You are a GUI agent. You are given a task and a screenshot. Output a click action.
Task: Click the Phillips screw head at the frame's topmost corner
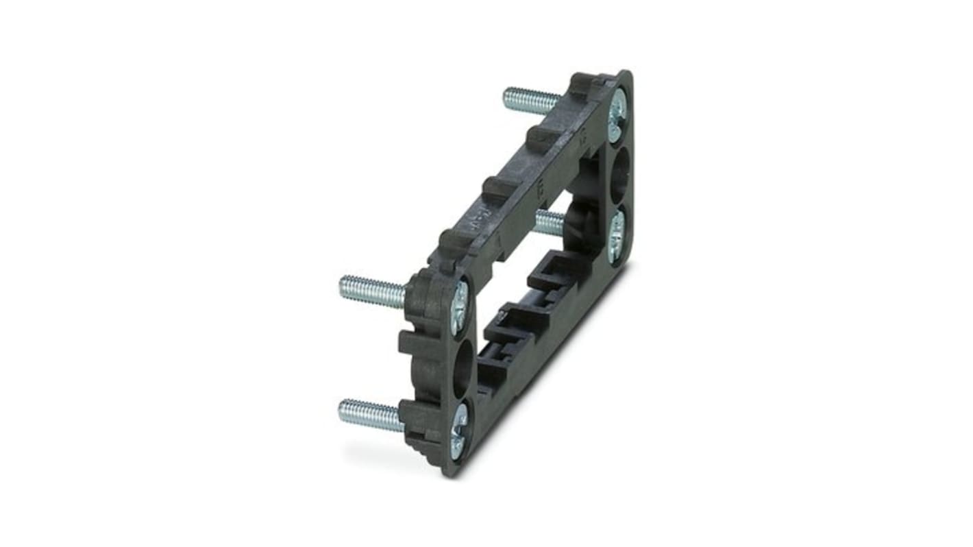[617, 106]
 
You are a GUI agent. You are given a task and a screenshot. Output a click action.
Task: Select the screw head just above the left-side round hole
[458, 308]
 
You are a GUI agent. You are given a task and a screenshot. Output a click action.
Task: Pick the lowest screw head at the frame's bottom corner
[458, 430]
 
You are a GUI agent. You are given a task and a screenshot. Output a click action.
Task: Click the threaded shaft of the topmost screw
[531, 101]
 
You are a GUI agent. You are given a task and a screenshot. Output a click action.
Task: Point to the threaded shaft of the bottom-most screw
[370, 415]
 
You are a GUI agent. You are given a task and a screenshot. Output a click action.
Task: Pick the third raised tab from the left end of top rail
[541, 137]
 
